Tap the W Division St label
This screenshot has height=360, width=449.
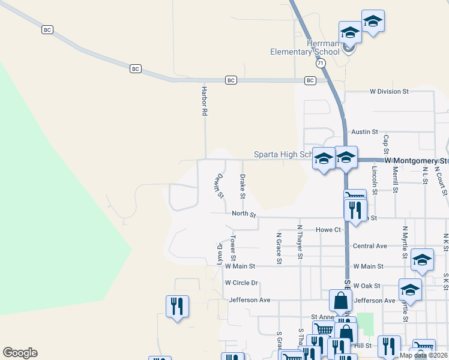(x=389, y=92)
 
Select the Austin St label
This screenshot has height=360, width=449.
(x=364, y=131)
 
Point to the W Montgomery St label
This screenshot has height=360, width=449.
(x=416, y=161)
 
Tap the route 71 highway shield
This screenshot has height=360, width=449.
(x=321, y=62)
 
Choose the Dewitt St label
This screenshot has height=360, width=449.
(x=218, y=185)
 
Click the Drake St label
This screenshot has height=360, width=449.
(x=242, y=186)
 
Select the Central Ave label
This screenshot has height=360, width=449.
(x=370, y=246)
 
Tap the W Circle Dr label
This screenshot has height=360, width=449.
(x=241, y=283)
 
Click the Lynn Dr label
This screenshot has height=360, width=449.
(x=220, y=254)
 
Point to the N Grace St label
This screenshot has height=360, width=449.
(x=279, y=248)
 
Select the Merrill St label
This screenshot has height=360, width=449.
(x=396, y=179)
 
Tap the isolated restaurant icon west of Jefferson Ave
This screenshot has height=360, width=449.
(x=177, y=307)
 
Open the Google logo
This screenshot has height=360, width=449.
(x=20, y=353)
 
